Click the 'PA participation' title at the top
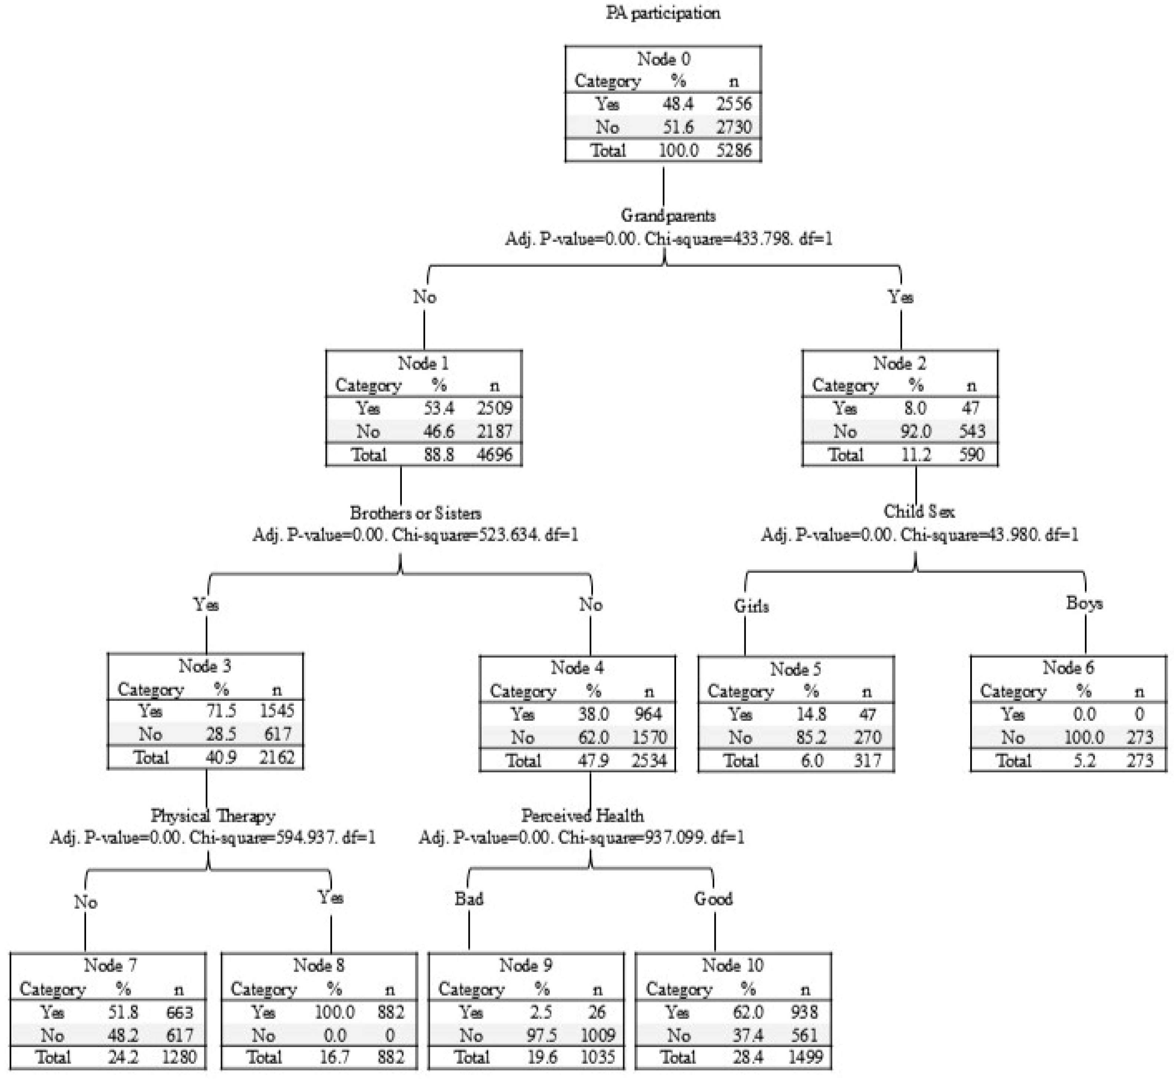click(x=663, y=13)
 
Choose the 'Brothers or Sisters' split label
click(x=416, y=513)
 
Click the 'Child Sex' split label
click(x=919, y=511)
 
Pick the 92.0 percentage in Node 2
click(x=915, y=431)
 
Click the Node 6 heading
click(x=1068, y=667)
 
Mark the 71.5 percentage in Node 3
click(x=221, y=711)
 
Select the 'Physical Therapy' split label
click(x=213, y=816)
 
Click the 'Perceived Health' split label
click(x=583, y=816)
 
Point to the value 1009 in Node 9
click(x=597, y=1035)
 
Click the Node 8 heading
click(x=319, y=966)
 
